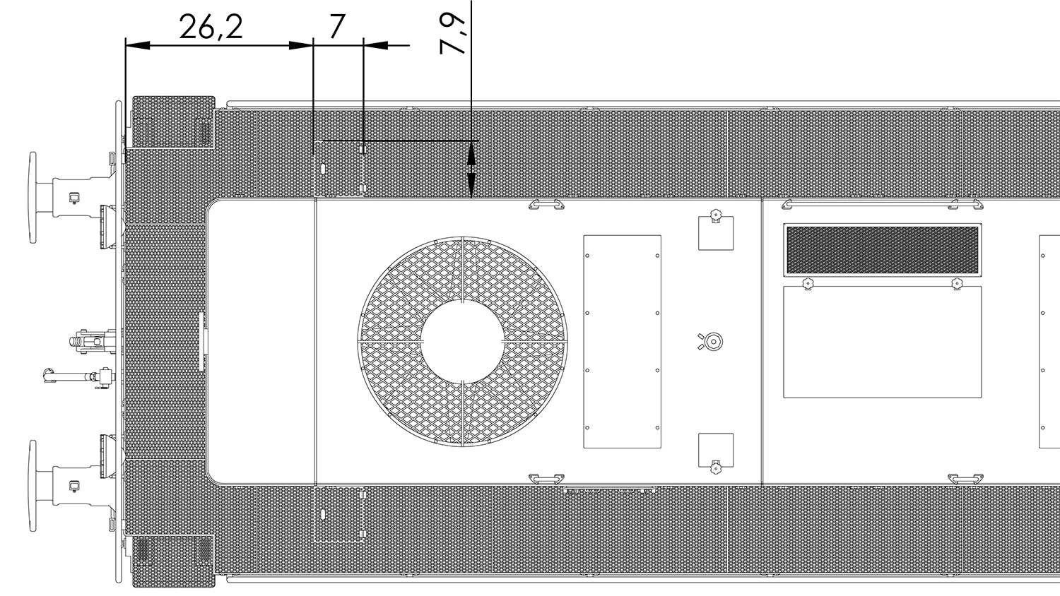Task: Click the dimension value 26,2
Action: click(x=211, y=27)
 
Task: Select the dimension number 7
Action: click(x=336, y=27)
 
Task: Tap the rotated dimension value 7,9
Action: click(x=453, y=33)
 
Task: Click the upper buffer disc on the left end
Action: click(x=33, y=198)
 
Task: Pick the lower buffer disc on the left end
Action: click(x=33, y=486)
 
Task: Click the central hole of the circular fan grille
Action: click(x=462, y=341)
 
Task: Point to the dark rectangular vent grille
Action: click(x=882, y=250)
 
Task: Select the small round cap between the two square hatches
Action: click(x=713, y=342)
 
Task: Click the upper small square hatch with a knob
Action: click(x=716, y=233)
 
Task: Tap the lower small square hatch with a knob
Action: click(x=716, y=451)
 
